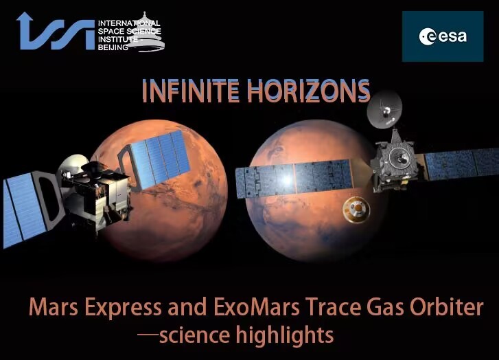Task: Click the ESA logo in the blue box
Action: click(x=443, y=36)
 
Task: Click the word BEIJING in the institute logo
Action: click(x=113, y=48)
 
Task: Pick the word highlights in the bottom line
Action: click(x=285, y=336)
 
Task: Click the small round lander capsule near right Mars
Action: click(x=356, y=210)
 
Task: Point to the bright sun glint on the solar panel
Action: click(x=286, y=180)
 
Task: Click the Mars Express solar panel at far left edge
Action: click(x=25, y=209)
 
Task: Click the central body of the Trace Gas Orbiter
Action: click(x=394, y=162)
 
